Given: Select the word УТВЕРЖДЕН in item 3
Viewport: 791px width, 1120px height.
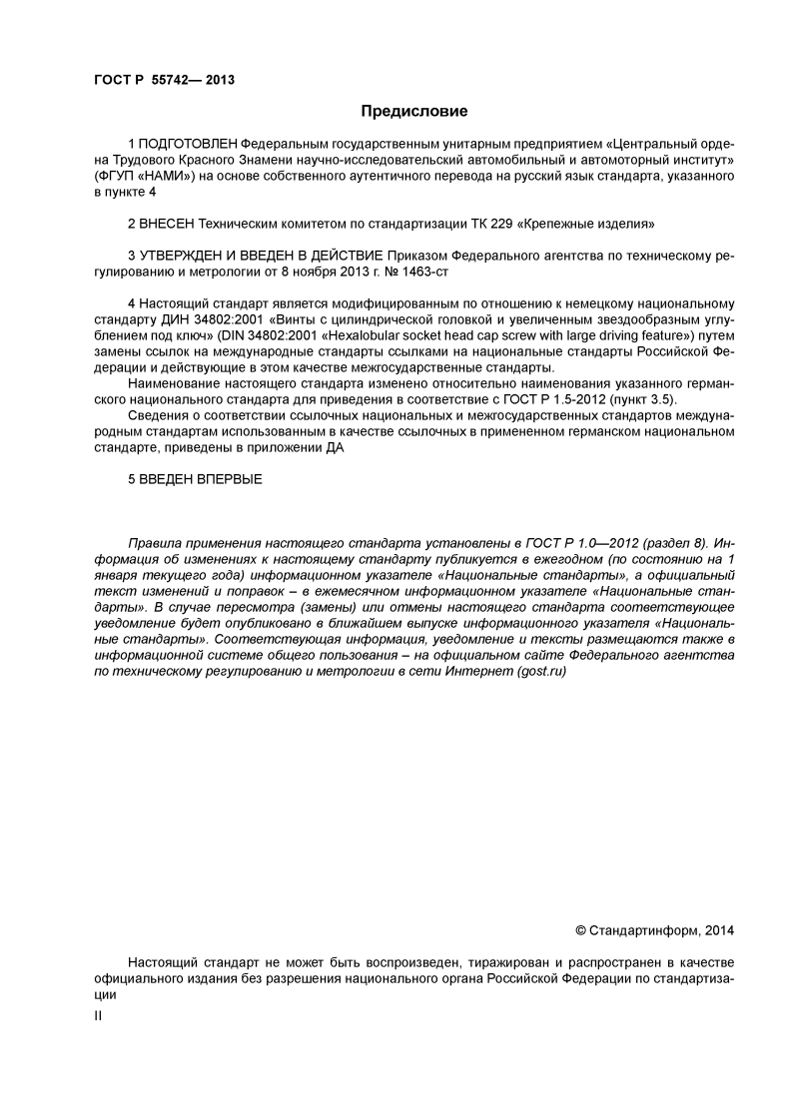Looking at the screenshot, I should point(183,255).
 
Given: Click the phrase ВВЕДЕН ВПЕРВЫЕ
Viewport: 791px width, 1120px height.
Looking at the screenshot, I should point(201,480).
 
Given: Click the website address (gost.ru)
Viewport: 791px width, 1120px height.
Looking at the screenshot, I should point(541,672).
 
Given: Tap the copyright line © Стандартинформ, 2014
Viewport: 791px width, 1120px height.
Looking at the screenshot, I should point(655,930).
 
